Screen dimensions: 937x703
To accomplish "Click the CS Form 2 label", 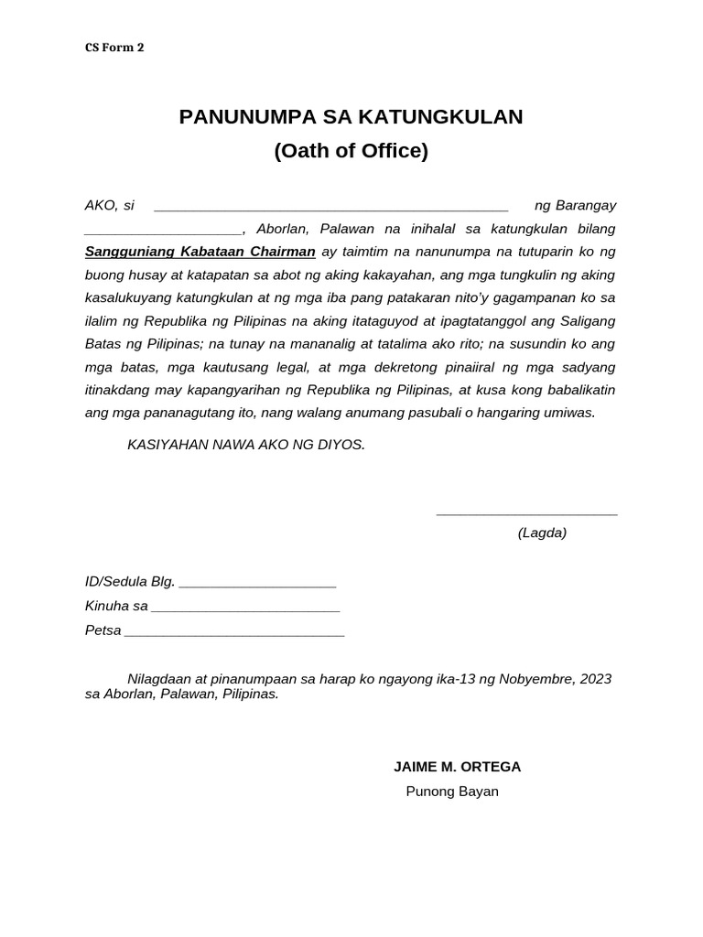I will click(x=114, y=48).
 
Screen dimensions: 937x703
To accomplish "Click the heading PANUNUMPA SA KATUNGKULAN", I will click(x=351, y=116).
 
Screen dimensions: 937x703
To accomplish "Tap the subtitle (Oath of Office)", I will click(x=351, y=151).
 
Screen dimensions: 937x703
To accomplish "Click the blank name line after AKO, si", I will click(x=330, y=208).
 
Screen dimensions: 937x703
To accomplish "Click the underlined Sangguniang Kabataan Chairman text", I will click(x=200, y=252).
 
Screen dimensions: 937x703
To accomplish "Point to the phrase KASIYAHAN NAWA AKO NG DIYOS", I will click(x=246, y=445).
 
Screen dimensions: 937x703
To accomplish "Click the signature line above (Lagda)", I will click(x=526, y=513).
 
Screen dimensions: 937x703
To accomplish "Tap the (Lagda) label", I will click(x=542, y=533).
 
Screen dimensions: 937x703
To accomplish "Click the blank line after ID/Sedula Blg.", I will click(x=257, y=584).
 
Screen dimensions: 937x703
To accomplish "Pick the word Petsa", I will click(x=103, y=630).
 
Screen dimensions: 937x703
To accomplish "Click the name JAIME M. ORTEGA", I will click(x=457, y=767).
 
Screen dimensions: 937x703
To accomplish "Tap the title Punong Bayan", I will click(x=452, y=792).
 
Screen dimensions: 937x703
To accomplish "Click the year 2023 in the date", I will click(x=595, y=679).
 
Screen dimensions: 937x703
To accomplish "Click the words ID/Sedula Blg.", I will click(x=129, y=582).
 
